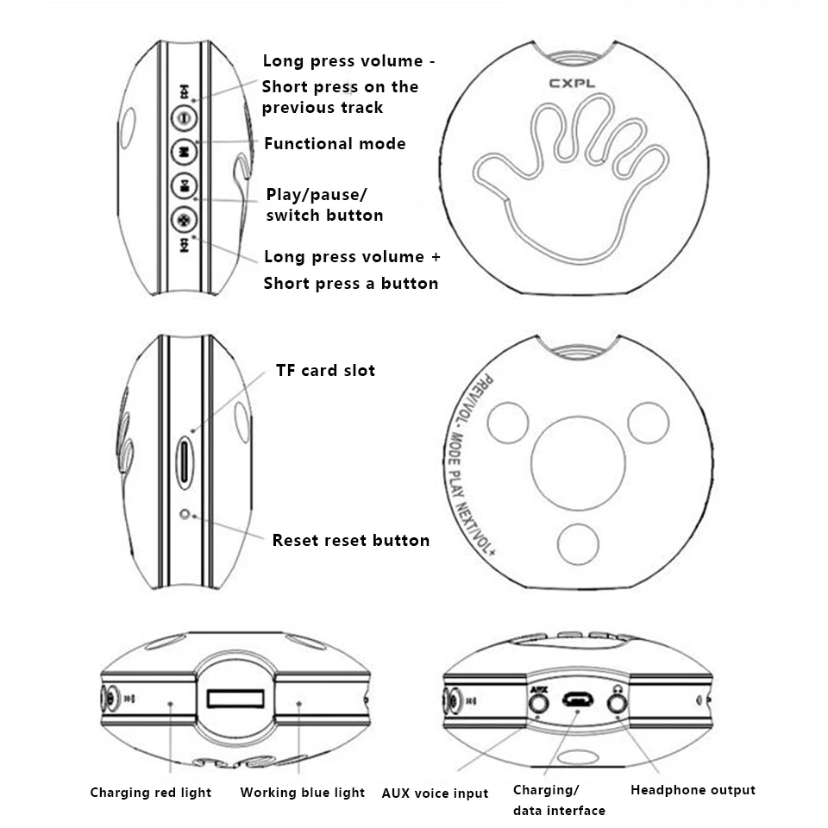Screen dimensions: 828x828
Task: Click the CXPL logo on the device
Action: tap(569, 84)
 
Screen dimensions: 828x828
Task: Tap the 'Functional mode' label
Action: tap(335, 144)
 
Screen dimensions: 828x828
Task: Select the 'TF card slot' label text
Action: tap(325, 371)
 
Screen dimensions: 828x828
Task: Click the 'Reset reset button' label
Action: tap(350, 541)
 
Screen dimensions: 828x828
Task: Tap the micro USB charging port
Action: tap(577, 700)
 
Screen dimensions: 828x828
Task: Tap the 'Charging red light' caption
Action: tap(151, 793)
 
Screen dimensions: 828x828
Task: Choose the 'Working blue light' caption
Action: tap(303, 793)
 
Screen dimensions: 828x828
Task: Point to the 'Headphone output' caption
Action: tap(693, 790)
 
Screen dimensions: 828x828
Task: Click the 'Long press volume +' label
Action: tap(352, 257)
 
